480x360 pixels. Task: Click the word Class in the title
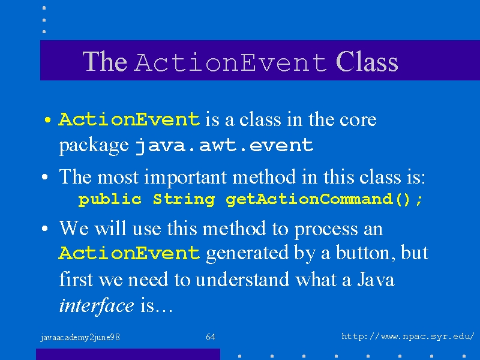tap(367, 62)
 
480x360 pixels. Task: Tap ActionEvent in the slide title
tap(230, 62)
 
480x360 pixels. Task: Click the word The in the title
tap(104, 62)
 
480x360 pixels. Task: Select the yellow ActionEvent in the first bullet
tap(130, 119)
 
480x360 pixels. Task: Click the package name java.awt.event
tap(224, 145)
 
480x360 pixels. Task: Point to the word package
tap(94, 146)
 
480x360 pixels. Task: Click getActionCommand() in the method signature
tap(318, 200)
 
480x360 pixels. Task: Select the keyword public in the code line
tap(110, 200)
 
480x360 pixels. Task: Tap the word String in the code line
tap(184, 200)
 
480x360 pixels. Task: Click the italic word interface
tap(97, 306)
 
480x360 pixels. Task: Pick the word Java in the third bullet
tap(376, 279)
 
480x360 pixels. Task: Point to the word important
tap(188, 178)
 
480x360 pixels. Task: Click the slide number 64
tap(211, 337)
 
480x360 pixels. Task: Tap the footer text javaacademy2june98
tap(80, 337)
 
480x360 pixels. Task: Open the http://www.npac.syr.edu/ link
tap(408, 337)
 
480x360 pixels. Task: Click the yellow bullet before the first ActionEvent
tap(47, 119)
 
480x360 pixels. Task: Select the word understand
tap(242, 280)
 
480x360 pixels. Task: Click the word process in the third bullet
tap(326, 230)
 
